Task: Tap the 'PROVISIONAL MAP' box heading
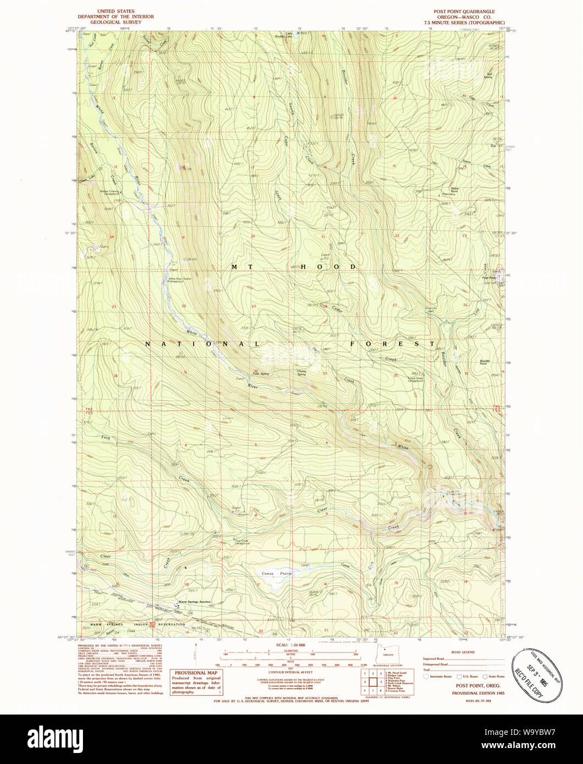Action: pyautogui.click(x=196, y=673)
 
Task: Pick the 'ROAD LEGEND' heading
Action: pyautogui.click(x=462, y=652)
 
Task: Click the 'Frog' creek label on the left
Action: pyautogui.click(x=106, y=438)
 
